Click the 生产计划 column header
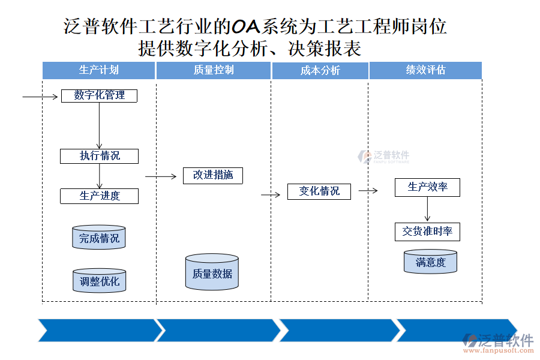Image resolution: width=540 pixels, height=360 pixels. tap(99, 70)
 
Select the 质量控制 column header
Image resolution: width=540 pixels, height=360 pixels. tap(214, 70)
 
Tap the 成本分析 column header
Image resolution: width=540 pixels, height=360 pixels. tap(320, 71)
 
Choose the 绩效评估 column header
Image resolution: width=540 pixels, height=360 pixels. tap(425, 70)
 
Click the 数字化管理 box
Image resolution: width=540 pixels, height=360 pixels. tap(99, 95)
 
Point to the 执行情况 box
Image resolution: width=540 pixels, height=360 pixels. tap(99, 156)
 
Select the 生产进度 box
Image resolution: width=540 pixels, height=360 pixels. tap(99, 196)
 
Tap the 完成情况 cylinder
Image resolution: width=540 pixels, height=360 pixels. tap(99, 238)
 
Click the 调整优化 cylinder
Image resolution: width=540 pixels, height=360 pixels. tap(99, 280)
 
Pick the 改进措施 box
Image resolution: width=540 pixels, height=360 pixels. tap(213, 175)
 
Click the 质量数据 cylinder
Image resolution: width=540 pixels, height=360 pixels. tap(212, 273)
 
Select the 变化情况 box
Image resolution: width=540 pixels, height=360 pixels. tap(319, 191)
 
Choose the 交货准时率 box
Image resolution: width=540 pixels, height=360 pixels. tap(427, 232)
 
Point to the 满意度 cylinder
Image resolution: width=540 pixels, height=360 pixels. tap(430, 262)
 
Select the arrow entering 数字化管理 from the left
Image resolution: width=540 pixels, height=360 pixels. tap(41, 95)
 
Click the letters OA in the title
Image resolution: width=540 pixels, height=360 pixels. tap(245, 26)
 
